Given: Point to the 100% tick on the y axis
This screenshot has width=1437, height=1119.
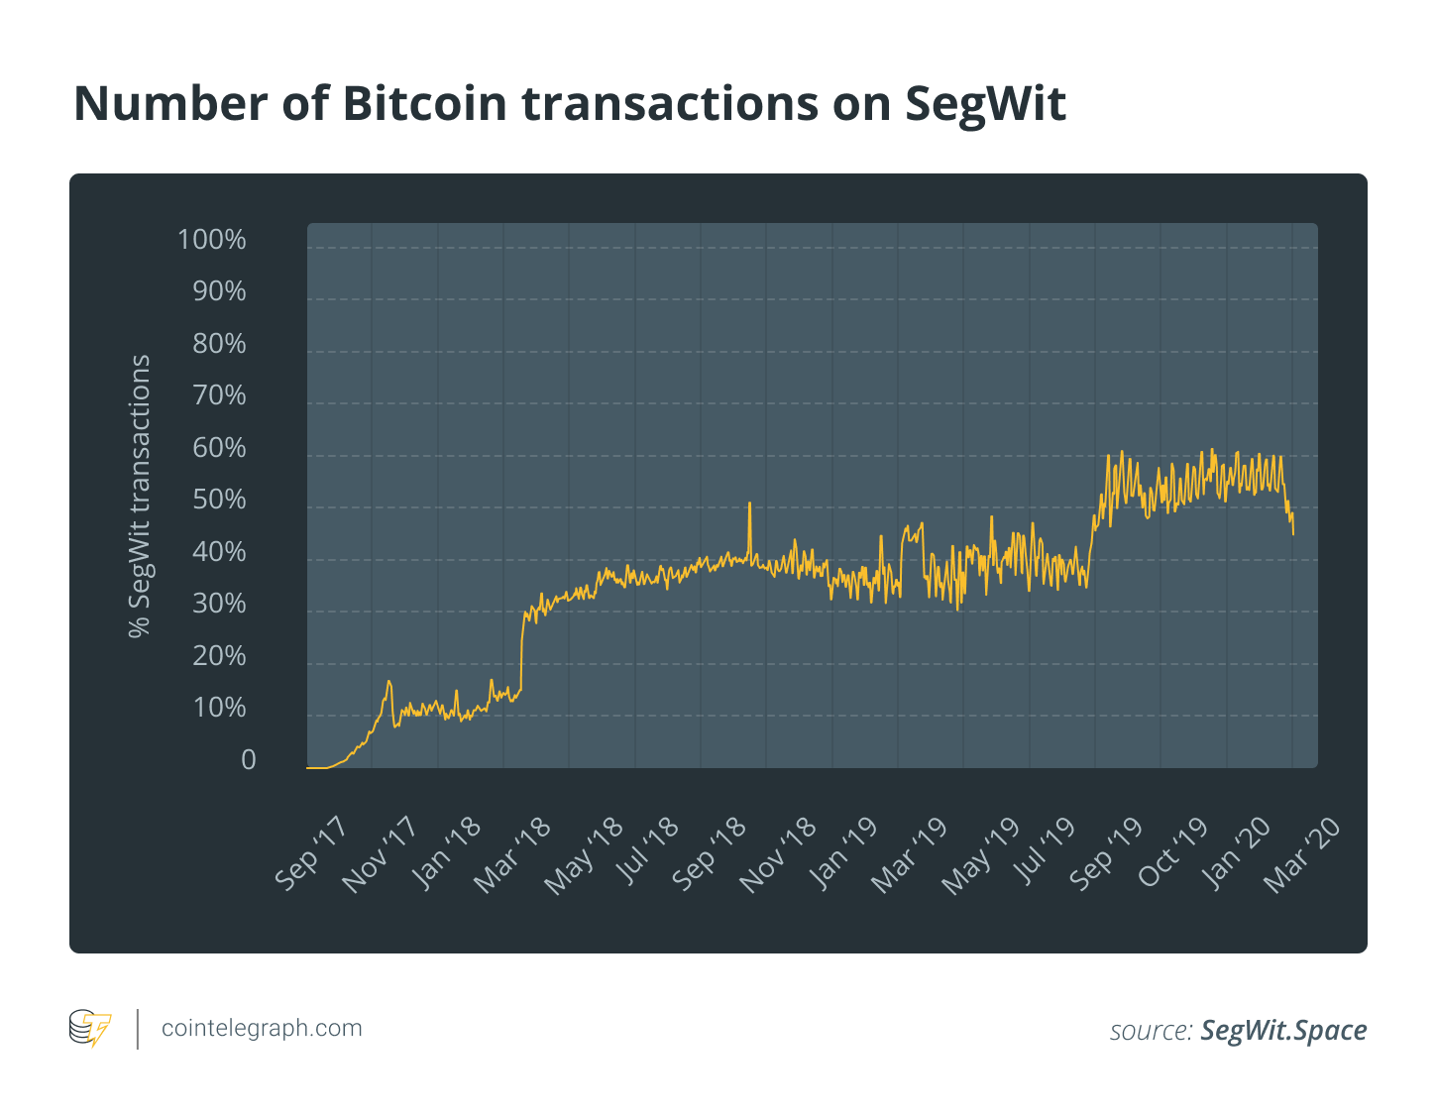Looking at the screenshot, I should click(211, 240).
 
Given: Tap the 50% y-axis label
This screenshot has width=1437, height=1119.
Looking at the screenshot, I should click(218, 500).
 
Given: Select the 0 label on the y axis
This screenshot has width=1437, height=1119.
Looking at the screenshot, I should click(248, 760).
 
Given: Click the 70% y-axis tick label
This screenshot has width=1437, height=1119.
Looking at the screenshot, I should click(218, 395).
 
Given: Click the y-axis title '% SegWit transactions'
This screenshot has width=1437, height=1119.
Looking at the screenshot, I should click(141, 496).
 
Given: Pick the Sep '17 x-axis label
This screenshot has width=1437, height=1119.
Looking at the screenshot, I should click(310, 853).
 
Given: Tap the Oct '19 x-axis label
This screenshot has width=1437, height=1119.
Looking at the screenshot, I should click(1171, 853).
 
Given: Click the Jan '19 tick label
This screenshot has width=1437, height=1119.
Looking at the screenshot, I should click(841, 853).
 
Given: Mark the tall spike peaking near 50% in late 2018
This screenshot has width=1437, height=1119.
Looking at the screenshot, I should click(749, 504).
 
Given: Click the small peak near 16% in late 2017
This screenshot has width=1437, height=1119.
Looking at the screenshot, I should click(388, 682).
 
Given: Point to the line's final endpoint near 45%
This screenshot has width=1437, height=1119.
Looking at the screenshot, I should click(1292, 533).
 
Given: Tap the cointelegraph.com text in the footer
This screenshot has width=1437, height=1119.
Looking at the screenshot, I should click(262, 1028).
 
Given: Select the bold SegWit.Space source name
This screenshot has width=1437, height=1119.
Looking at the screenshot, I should click(1283, 1030).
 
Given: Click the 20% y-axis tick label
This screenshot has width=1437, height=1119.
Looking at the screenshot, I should click(218, 656).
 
